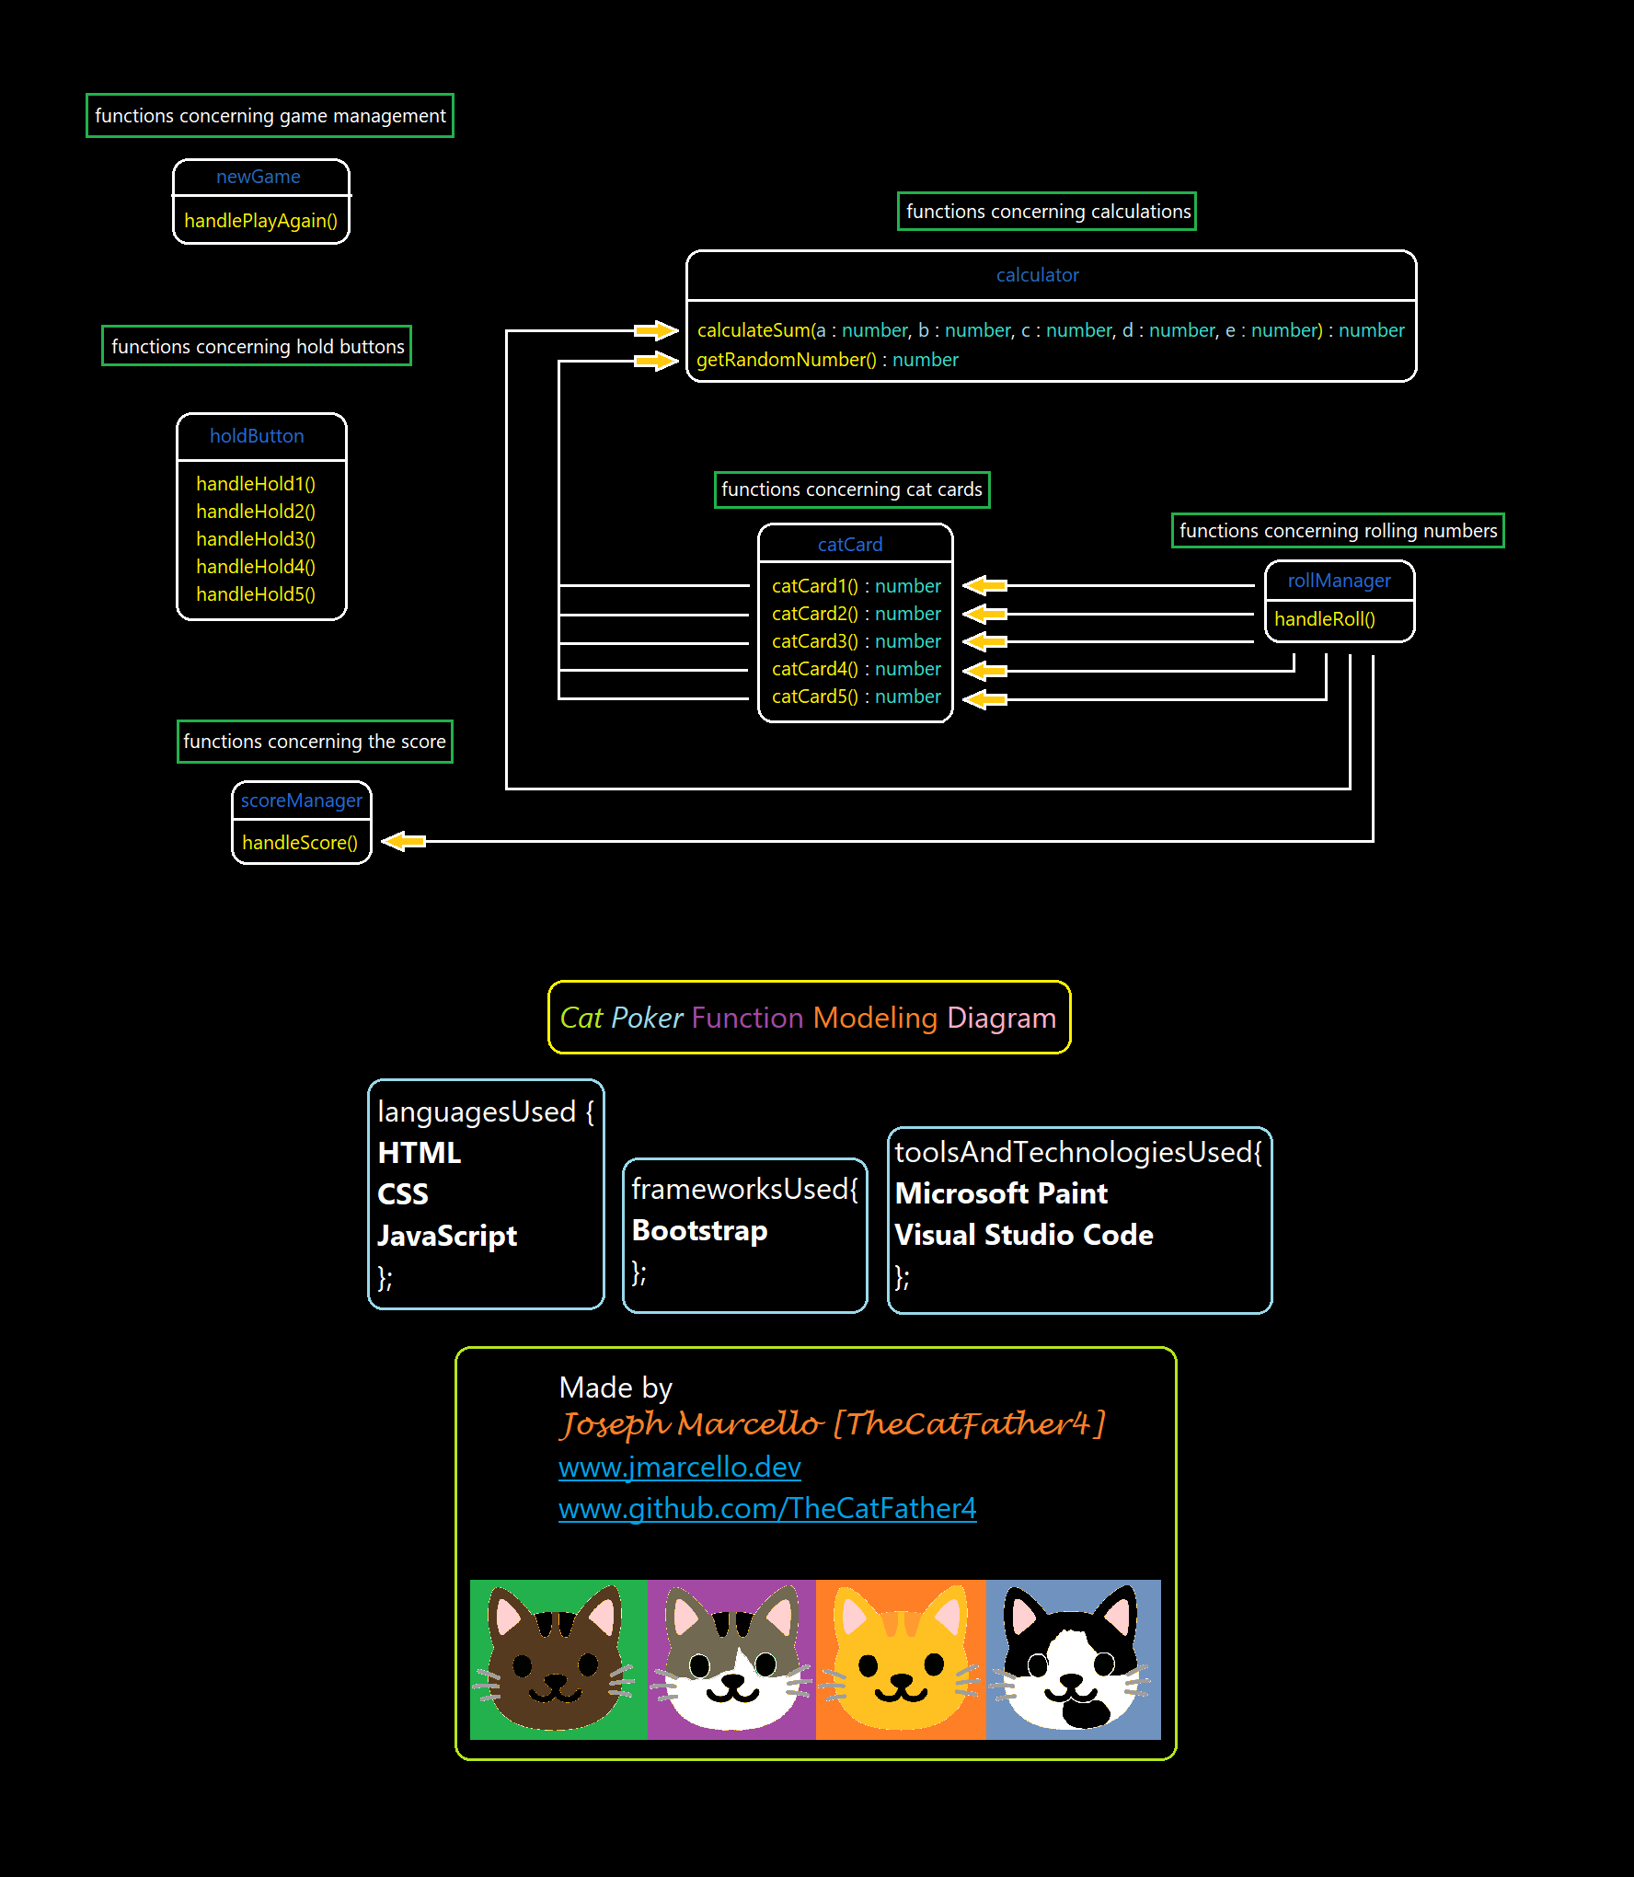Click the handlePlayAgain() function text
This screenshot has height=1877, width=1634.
(260, 221)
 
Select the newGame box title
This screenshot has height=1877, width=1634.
(258, 177)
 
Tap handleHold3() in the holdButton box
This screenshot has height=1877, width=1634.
(255, 539)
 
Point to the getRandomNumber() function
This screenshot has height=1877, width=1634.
(786, 360)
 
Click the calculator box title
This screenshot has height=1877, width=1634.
(1037, 275)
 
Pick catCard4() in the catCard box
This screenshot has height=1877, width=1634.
(814, 669)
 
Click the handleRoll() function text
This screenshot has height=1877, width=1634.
(1324, 619)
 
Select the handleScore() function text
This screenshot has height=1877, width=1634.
(299, 843)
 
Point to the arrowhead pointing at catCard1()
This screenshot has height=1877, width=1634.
(984, 585)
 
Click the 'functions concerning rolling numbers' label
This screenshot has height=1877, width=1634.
(1338, 531)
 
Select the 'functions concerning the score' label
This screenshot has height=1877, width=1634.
(314, 742)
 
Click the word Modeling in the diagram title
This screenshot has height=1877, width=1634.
(874, 1018)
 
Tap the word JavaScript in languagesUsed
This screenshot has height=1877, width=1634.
(447, 1236)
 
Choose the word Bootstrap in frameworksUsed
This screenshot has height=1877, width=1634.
(699, 1231)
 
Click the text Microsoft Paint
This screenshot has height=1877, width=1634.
(1001, 1193)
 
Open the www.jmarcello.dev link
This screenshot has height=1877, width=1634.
(679, 1467)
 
